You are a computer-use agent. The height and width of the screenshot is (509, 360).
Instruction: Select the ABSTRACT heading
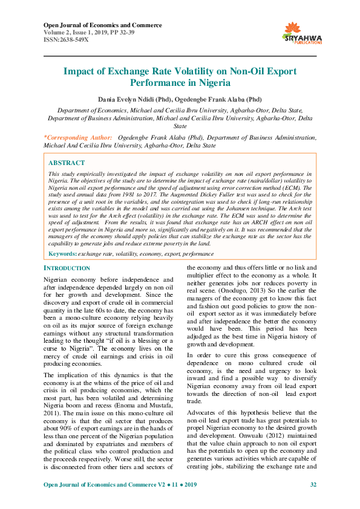point(66,163)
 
